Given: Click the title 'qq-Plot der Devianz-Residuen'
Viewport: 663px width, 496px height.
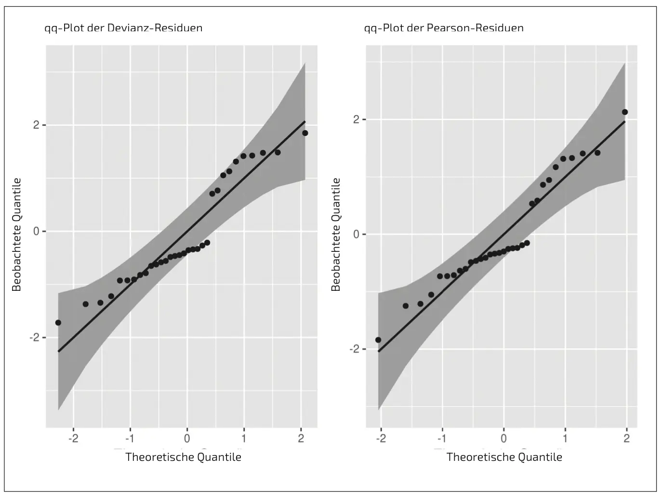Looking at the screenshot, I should tap(123, 28).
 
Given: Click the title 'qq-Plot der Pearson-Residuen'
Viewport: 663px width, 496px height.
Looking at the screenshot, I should tap(444, 28).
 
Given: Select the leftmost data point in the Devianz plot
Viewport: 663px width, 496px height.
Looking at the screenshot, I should tap(58, 323).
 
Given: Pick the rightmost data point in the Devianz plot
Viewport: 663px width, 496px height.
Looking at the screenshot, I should tap(305, 133).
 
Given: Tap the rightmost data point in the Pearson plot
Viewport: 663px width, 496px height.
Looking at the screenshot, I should tap(625, 112).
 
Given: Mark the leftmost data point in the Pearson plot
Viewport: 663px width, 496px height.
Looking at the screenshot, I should tap(378, 340).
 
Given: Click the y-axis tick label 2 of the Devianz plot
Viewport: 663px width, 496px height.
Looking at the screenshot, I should tap(36, 125).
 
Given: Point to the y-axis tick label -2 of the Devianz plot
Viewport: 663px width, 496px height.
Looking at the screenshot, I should tap(34, 338).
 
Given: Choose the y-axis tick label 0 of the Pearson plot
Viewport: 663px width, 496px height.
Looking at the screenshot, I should tap(357, 235).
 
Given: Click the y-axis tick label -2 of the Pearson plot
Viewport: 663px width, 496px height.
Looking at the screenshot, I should tap(355, 349).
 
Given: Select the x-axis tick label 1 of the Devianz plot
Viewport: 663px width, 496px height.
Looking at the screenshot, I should tap(244, 439).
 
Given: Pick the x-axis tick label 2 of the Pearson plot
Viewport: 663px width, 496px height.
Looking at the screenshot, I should tap(626, 439).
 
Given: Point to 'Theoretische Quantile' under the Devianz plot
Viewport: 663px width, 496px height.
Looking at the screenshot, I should tap(183, 457).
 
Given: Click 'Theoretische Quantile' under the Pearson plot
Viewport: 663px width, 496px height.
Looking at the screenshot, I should tap(504, 457).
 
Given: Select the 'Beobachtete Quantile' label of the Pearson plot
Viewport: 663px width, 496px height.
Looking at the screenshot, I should tap(336, 235).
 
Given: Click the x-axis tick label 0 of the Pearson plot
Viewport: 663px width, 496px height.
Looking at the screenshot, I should tap(504, 439).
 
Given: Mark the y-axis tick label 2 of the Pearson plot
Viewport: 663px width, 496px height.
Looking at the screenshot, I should tap(357, 119).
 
